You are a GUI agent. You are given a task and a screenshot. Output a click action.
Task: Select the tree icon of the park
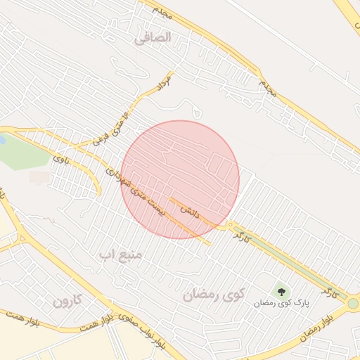pyautogui.click(x=281, y=290)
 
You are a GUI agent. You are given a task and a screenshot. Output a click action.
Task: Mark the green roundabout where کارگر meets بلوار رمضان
pyautogui.click(x=352, y=303)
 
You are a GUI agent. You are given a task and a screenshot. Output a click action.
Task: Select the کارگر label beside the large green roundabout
pyautogui.click(x=329, y=290)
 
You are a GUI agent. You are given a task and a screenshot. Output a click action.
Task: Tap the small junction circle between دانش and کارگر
pyautogui.click(x=230, y=226)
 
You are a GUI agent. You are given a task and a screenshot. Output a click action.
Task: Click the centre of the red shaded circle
pyautogui.click(x=180, y=179)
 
